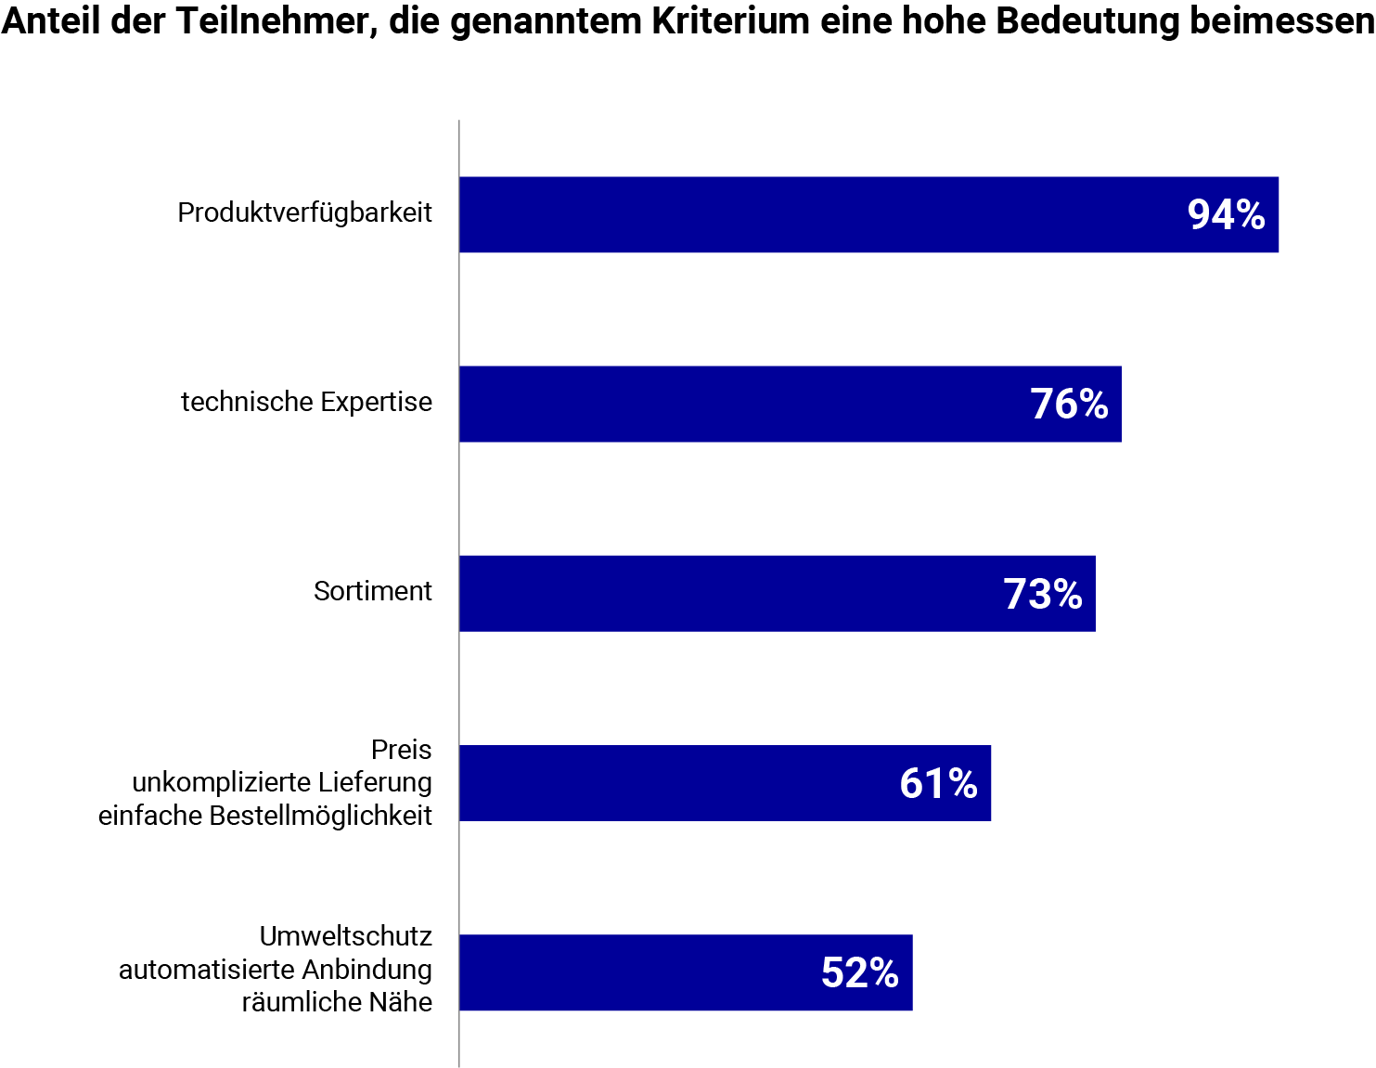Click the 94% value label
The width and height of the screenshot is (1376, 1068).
coord(1226,215)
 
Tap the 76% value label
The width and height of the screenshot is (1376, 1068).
coord(1069,405)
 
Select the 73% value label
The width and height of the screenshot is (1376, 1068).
coord(1043,594)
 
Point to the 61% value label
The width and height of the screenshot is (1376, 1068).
coord(938,784)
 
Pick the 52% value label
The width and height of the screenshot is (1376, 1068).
coord(859,973)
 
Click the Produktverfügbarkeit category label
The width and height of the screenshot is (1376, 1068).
coord(304,213)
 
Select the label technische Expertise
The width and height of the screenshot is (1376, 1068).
coord(306,403)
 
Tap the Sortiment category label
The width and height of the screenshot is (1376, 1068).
coord(372,592)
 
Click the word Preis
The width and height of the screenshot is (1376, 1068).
coord(401,750)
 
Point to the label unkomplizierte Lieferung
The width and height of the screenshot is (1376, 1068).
coord(282,783)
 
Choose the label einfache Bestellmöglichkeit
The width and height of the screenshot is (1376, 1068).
coord(265,817)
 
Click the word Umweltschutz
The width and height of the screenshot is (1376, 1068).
coord(345,936)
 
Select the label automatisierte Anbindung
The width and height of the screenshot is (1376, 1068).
coord(276,970)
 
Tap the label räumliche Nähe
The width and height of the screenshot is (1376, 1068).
coord(337,1003)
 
